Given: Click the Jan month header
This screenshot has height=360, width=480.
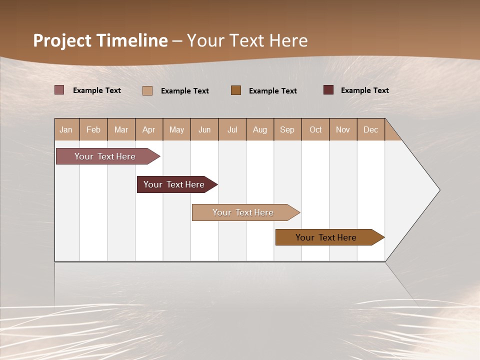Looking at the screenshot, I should [x=66, y=129].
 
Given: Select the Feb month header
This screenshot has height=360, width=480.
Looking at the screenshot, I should [x=93, y=129].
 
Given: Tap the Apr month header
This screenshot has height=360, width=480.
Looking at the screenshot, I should [x=148, y=129].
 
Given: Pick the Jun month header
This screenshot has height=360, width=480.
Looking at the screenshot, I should [x=204, y=129].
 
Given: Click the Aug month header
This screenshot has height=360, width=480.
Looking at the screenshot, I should [x=259, y=129].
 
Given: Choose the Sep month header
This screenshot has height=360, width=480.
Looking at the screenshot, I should [x=287, y=129].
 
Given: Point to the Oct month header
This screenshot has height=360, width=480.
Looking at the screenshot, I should [x=315, y=129].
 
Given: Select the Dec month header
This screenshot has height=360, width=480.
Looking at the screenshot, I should [x=370, y=129].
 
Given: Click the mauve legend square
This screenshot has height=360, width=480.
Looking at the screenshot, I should [x=59, y=90].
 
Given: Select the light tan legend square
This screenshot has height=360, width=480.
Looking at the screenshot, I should [x=147, y=90].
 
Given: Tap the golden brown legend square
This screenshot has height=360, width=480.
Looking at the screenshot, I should [x=236, y=90].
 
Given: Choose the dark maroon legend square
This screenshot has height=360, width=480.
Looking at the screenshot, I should [x=328, y=90].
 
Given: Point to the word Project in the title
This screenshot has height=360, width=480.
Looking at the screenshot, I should [x=62, y=40].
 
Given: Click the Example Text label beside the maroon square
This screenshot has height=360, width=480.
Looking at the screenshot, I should [x=364, y=90].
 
